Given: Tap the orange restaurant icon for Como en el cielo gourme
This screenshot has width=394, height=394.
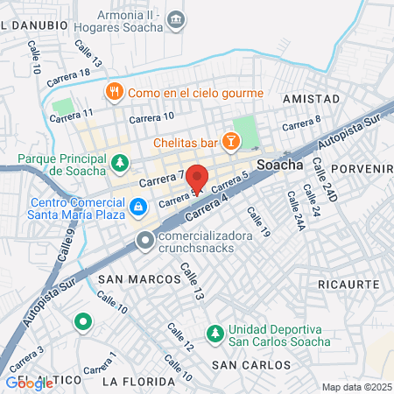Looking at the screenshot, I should [114, 92].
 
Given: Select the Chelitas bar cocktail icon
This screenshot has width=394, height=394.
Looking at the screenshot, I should [230, 140].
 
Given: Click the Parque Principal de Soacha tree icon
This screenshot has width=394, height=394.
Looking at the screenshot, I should [120, 162].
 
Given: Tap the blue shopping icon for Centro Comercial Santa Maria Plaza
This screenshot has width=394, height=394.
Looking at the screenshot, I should [137, 207].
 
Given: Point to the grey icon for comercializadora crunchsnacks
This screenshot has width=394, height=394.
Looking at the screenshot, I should [145, 239].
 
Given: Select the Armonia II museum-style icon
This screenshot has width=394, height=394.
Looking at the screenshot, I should [176, 18].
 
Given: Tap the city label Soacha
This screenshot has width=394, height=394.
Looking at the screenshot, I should [280, 163].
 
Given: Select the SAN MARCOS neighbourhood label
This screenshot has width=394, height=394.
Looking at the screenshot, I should [128, 279].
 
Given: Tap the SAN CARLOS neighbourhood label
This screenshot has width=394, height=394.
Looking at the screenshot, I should [251, 364].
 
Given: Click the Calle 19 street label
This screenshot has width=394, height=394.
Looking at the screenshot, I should [258, 222].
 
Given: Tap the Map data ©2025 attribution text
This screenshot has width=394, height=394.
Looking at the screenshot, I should [355, 387].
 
